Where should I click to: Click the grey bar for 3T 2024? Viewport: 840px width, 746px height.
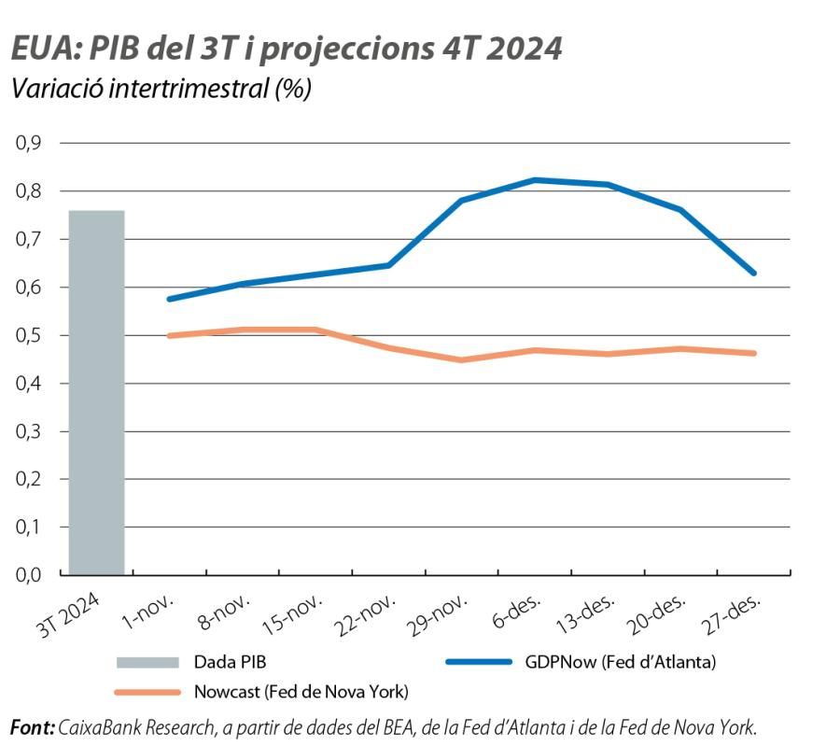point(96,392)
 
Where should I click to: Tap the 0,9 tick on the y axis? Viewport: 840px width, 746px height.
point(28,143)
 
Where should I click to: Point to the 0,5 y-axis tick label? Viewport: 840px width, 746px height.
point(28,335)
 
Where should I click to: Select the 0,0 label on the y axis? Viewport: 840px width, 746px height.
point(28,574)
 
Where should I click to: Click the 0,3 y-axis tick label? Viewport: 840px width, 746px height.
point(28,431)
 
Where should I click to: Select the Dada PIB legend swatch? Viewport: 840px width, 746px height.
point(147,662)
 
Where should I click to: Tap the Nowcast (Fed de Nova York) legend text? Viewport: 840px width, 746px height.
point(301,692)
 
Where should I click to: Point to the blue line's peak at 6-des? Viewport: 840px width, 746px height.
point(534,179)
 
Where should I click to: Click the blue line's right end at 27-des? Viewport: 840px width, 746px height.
point(754,274)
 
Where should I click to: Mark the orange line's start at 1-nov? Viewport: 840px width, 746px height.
point(169,335)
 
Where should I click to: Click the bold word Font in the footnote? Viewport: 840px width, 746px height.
point(31,726)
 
